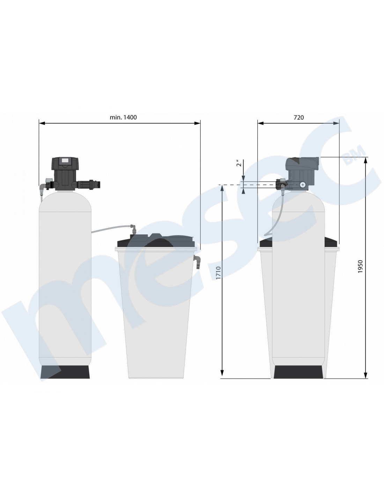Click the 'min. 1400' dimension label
(123, 117)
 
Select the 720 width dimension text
(298, 117)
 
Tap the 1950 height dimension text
(360, 266)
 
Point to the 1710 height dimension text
(219, 273)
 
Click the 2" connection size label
(238, 164)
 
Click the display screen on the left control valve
(65, 160)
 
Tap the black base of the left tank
(65, 372)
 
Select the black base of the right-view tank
(298, 372)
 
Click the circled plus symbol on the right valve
(303, 185)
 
